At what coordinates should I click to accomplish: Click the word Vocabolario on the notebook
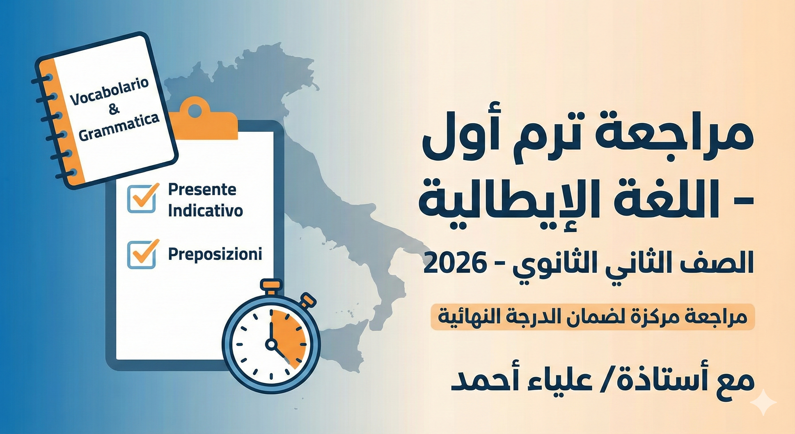point(110,92)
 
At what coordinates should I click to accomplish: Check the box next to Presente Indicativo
point(142,198)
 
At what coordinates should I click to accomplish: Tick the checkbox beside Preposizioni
point(142,254)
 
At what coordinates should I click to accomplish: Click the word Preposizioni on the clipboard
point(215,254)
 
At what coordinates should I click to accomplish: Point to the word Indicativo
point(206,211)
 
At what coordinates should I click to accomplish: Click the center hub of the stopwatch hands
point(271,344)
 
